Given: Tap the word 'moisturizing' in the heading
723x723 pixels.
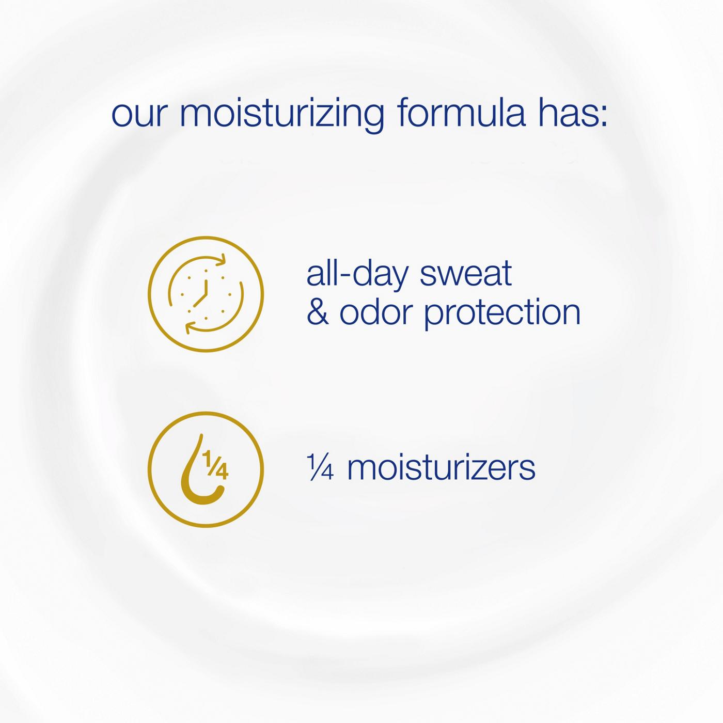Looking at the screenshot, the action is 282,112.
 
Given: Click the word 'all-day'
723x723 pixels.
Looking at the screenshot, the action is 356,274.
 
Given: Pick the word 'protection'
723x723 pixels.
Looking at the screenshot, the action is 502,313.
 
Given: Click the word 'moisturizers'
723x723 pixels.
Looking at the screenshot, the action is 441,468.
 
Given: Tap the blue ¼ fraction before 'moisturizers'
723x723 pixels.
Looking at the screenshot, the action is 320,467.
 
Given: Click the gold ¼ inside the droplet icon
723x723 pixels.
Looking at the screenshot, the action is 215,466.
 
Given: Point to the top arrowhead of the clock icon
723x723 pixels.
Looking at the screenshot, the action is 222,259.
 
